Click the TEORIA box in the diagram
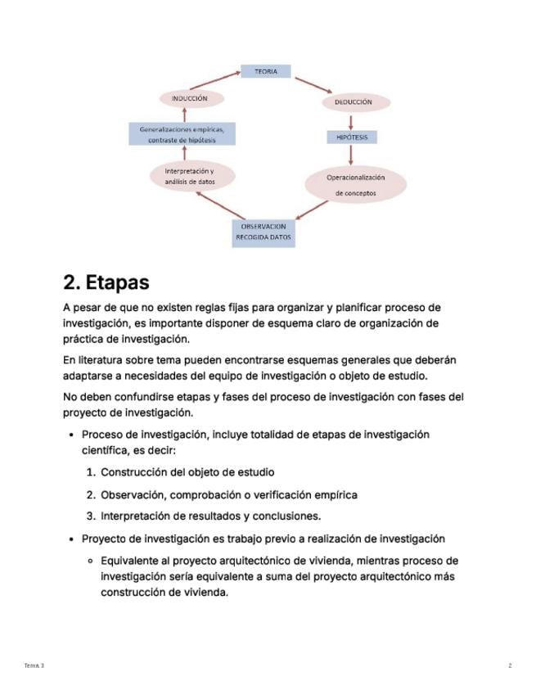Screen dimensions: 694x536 coord(266,71)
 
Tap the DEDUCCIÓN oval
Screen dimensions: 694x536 coord(353,102)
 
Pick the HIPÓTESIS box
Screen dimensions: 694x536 coord(352,137)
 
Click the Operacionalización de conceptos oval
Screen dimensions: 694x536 coord(356,185)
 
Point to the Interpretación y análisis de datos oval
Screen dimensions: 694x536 coord(191,176)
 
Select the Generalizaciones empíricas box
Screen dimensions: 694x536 coord(182,134)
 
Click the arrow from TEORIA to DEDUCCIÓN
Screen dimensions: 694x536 coord(313,85)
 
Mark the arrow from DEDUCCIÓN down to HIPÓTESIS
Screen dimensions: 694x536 coord(351,120)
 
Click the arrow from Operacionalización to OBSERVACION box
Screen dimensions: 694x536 coord(313,210)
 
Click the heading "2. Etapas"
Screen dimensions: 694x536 coord(106,282)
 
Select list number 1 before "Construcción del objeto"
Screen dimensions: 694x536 coord(91,472)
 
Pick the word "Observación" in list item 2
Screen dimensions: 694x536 coord(131,494)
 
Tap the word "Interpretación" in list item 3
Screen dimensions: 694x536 coord(137,516)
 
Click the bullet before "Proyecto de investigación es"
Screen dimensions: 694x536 coord(73,539)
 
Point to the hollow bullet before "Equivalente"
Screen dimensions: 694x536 coord(92,561)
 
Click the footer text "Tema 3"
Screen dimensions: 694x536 coord(34,665)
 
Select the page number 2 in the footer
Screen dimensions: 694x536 coord(510,665)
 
